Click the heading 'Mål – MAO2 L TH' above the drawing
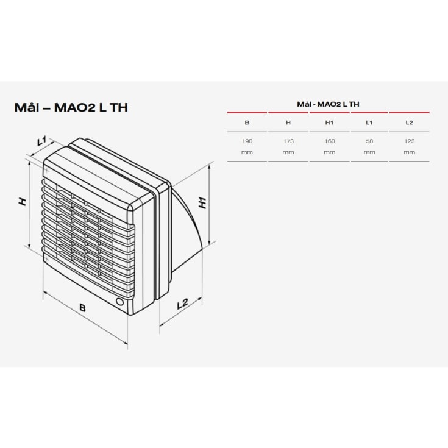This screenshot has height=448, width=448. [71, 107]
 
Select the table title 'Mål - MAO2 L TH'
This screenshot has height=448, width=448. [328, 104]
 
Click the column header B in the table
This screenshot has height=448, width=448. [247, 123]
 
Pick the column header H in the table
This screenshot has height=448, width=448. [288, 123]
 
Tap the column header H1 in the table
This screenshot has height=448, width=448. [330, 123]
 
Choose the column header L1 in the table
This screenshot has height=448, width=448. [369, 123]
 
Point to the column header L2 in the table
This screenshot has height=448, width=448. [410, 123]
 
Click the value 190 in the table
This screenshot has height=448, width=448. [247, 141]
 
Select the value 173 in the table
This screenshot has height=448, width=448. [288, 141]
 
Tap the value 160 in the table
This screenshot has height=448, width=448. [330, 141]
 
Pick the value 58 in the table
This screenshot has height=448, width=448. [369, 141]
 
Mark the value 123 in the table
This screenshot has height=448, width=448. [410, 141]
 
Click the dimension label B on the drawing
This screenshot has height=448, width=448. [82, 308]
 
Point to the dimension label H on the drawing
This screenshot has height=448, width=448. [23, 201]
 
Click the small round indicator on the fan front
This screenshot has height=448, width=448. [119, 302]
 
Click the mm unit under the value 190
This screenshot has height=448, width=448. [247, 152]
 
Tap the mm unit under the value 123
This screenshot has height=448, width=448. [410, 152]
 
